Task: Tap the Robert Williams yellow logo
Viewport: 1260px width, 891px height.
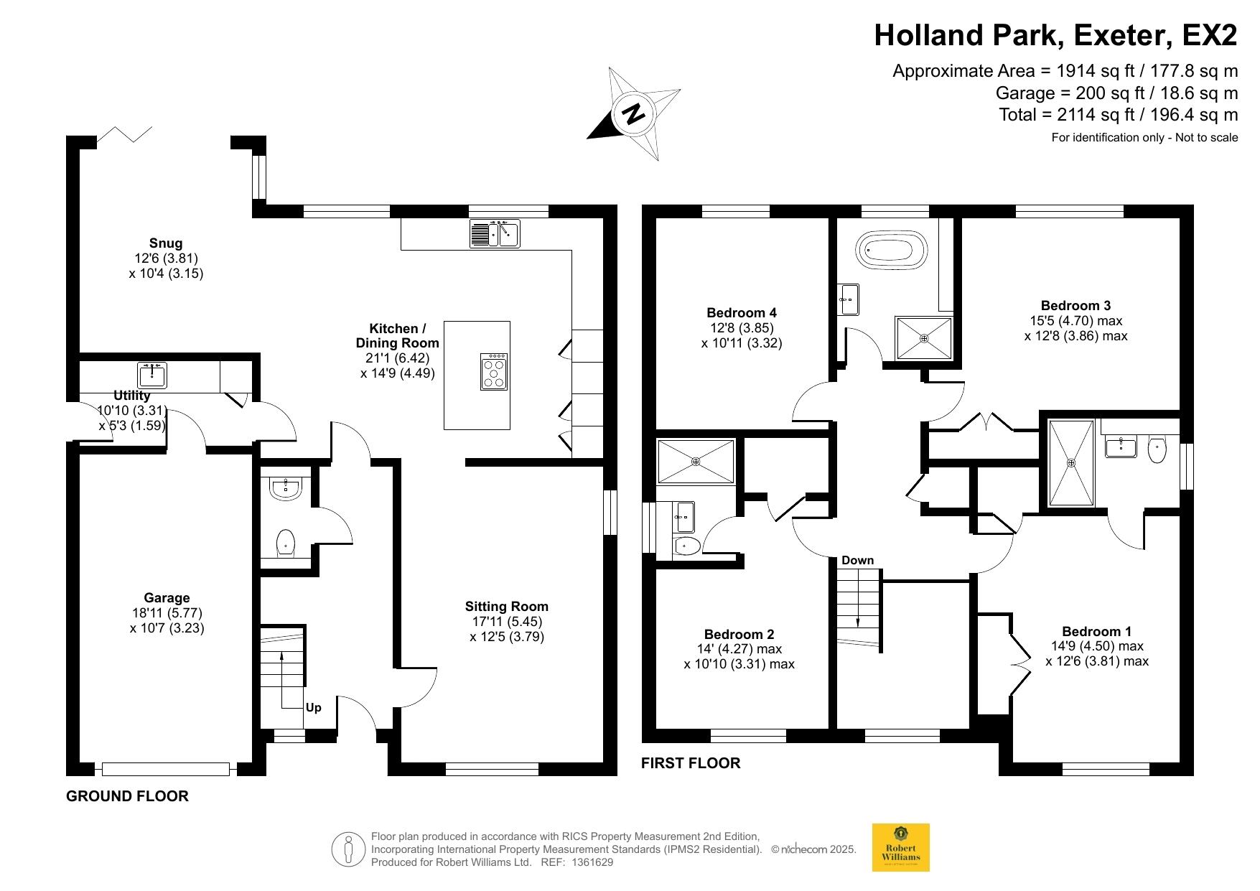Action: click(x=900, y=847)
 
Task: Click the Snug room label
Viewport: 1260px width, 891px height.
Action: click(x=166, y=243)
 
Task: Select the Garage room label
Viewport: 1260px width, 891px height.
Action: click(x=167, y=598)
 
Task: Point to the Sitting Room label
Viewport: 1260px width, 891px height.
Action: click(x=507, y=607)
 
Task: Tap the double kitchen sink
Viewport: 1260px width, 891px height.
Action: click(x=495, y=234)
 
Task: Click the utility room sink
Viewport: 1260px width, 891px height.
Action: click(x=151, y=374)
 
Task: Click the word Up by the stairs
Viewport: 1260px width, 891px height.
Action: click(x=314, y=707)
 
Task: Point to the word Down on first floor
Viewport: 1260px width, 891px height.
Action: click(x=858, y=560)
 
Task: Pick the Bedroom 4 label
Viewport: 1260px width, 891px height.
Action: click(x=742, y=313)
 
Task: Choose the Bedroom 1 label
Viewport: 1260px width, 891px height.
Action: click(x=1097, y=632)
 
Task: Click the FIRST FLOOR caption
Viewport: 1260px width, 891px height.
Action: click(x=691, y=763)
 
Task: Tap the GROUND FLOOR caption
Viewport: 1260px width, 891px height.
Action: click(x=127, y=796)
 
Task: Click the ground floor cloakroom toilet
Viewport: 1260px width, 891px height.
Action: click(x=286, y=543)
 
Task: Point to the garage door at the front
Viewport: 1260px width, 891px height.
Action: click(x=166, y=770)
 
